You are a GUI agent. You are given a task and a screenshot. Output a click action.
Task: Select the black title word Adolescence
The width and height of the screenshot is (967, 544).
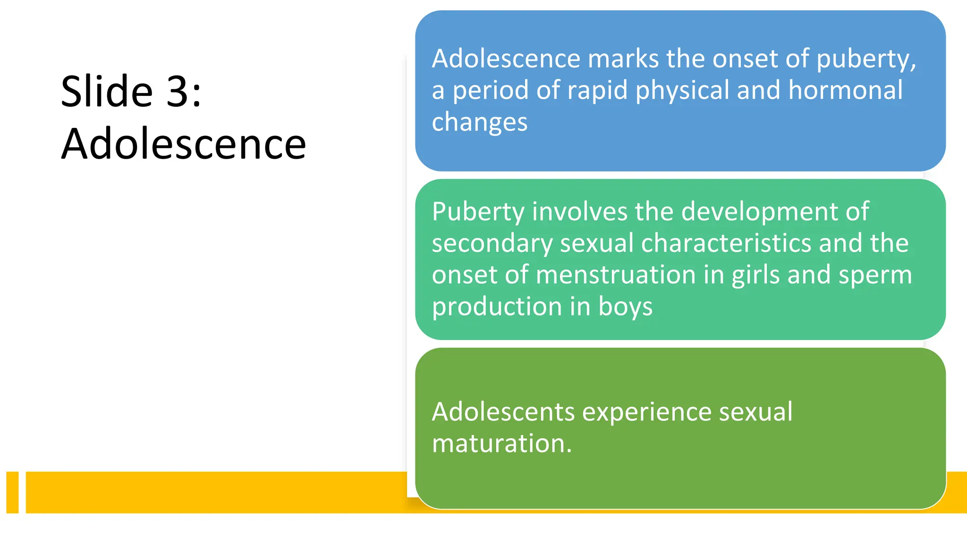tap(184, 144)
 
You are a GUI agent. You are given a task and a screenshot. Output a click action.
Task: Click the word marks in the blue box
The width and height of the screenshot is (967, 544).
tap(623, 59)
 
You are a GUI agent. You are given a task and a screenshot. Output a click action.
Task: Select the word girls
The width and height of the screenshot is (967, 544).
tap(755, 275)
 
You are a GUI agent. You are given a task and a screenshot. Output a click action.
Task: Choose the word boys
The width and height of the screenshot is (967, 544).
tap(625, 307)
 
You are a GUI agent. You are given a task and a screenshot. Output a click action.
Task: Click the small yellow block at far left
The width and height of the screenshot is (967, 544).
tap(12, 492)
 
